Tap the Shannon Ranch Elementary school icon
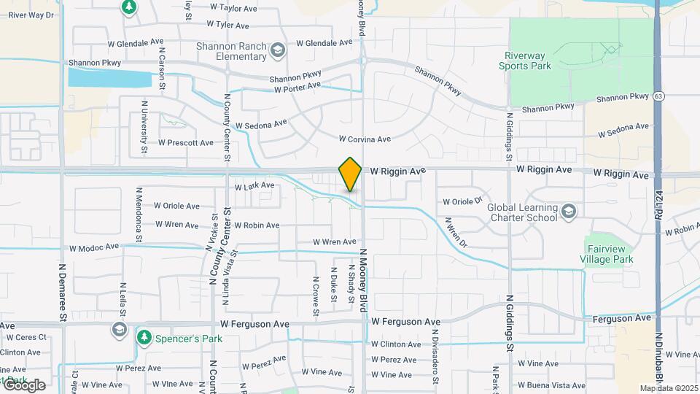(277, 50)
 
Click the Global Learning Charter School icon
(569, 212)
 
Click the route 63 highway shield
(659, 96)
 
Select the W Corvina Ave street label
(365, 139)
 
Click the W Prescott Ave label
(185, 143)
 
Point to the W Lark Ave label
(254, 186)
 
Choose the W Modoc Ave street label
(94, 247)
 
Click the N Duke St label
(334, 284)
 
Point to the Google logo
(24, 385)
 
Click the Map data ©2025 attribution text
(669, 388)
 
